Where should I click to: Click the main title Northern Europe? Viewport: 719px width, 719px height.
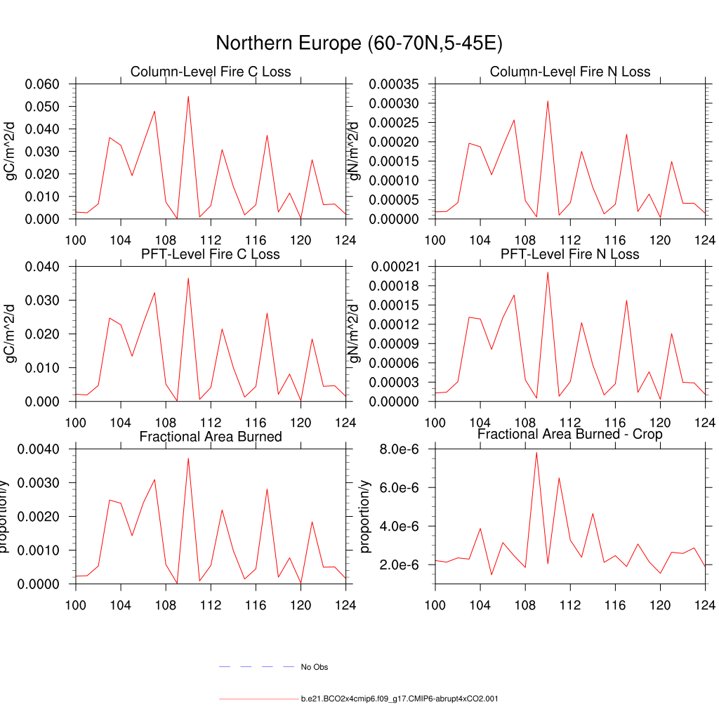(359, 44)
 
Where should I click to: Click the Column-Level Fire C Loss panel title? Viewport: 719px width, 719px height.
(211, 72)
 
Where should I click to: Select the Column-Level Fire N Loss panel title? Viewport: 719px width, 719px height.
(570, 72)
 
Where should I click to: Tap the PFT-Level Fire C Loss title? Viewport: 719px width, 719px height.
(211, 253)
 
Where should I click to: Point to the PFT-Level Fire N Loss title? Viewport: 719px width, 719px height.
(570, 253)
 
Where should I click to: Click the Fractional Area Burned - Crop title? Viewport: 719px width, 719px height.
(570, 434)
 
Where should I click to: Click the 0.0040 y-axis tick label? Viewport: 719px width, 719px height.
(41, 449)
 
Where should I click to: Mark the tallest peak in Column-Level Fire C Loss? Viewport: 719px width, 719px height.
(188, 97)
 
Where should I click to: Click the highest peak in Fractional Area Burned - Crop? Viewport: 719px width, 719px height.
(536, 452)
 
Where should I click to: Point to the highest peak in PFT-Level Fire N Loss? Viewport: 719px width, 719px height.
(548, 272)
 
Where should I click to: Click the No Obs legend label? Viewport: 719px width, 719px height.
(314, 667)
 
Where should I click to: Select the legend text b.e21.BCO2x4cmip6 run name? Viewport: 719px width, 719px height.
(400, 699)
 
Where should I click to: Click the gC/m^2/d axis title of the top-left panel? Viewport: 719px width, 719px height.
(11, 152)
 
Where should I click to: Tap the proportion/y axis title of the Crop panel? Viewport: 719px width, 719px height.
(364, 517)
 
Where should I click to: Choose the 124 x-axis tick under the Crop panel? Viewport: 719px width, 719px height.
(705, 605)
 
